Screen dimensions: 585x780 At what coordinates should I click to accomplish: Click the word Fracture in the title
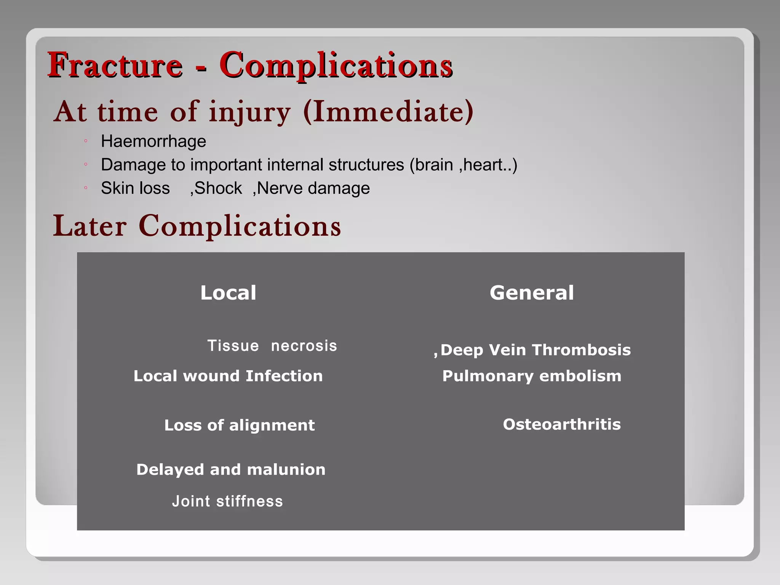pos(115,66)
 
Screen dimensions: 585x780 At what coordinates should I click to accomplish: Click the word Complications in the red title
pos(336,66)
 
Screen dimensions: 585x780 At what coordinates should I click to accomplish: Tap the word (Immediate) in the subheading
pos(388,112)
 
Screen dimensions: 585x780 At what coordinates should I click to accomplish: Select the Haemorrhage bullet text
pos(153,142)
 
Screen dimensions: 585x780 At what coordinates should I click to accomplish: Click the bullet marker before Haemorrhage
pos(86,142)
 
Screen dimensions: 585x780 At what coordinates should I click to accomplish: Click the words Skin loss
pos(135,188)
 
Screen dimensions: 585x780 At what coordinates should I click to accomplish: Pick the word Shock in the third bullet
pos(218,188)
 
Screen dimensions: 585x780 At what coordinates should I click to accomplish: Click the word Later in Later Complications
pos(90,226)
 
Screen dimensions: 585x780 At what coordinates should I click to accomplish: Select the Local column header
pos(228,292)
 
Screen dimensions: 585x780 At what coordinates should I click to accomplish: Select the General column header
pos(532,292)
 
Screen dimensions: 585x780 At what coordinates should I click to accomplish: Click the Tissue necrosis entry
pos(272,346)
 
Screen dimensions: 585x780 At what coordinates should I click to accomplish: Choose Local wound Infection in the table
pos(228,376)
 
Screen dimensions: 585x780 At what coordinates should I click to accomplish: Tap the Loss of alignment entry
pos(239,425)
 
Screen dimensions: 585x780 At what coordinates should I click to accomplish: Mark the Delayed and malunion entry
pos(231,470)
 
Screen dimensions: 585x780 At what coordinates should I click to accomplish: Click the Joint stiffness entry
pos(227,501)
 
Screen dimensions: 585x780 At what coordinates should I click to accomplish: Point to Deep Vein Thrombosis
pos(535,350)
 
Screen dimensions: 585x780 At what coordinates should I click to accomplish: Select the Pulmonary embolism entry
pos(532,376)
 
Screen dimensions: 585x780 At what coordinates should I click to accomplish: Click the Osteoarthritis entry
pos(562,424)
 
